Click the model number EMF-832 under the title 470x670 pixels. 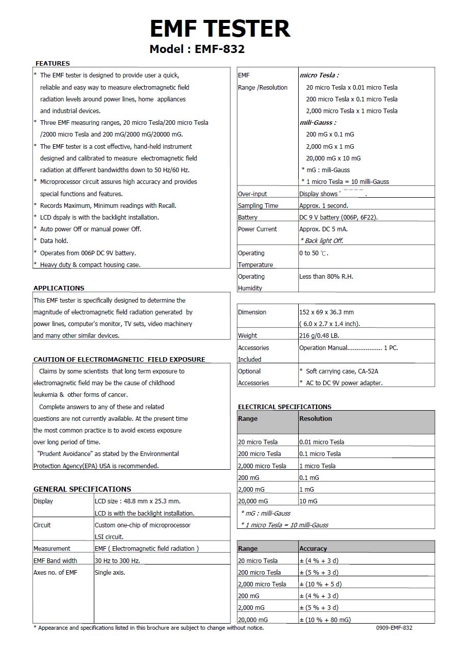pos(197,49)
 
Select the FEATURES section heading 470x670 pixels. pos(53,63)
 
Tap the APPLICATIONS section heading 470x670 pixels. pos(59,288)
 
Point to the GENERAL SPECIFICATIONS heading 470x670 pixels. pos(82,489)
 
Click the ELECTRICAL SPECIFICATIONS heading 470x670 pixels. pos(284,407)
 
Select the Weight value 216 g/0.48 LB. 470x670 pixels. pos(319,336)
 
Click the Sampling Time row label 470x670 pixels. pos(258,206)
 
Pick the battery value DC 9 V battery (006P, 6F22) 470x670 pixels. pos(338,218)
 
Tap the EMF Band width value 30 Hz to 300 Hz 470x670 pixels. pos(117,560)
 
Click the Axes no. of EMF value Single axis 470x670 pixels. pos(110,572)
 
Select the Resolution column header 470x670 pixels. pos(316,419)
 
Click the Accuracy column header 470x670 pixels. pos(313,549)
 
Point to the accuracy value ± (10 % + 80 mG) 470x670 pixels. pos(325,620)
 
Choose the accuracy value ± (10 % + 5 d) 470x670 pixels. pos(320,584)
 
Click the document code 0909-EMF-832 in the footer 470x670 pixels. pos(394,628)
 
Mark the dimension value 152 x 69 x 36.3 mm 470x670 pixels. pos(326,312)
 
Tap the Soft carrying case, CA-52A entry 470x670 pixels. pos(342,371)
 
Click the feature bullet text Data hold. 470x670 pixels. pos(54,241)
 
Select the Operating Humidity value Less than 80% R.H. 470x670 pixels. pos(326,277)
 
